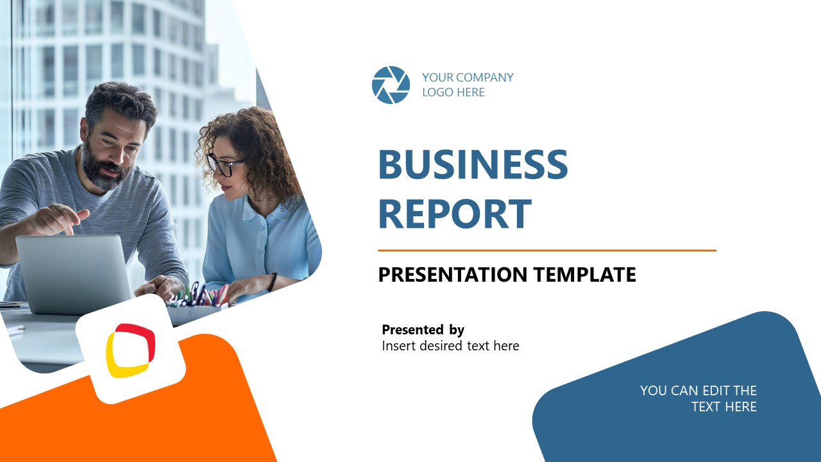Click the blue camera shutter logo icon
pos(391,85)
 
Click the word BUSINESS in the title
pos(473,165)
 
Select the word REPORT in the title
pos(455,214)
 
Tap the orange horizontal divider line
pos(546,250)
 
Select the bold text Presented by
pos(423,330)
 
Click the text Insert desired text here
pos(450,346)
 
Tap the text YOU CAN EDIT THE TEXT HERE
pos(698,398)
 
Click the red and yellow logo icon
pos(131,350)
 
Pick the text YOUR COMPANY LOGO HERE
pos(468,85)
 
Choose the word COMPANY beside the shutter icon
pos(481,78)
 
